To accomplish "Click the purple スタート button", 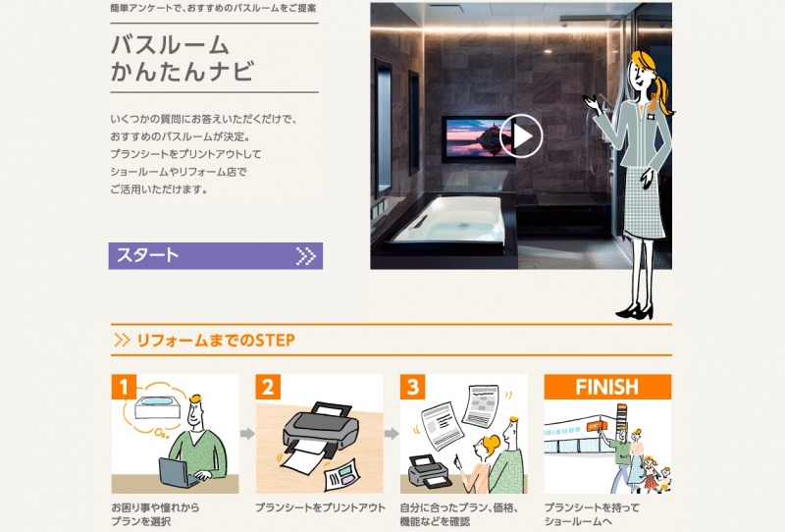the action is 215,256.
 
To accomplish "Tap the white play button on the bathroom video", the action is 521,135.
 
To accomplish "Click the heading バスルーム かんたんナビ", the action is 183,58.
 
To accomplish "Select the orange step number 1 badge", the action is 124,387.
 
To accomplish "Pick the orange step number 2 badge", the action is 268,387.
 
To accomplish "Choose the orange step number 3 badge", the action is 412,387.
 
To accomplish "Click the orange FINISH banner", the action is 607,387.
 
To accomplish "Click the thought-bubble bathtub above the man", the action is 157,406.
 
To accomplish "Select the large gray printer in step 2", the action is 321,432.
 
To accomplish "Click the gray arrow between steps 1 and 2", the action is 247,433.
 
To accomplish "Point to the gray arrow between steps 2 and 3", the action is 392,433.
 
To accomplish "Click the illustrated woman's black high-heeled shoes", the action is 635,311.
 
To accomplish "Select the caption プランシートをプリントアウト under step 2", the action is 321,507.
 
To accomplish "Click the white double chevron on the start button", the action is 305,256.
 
